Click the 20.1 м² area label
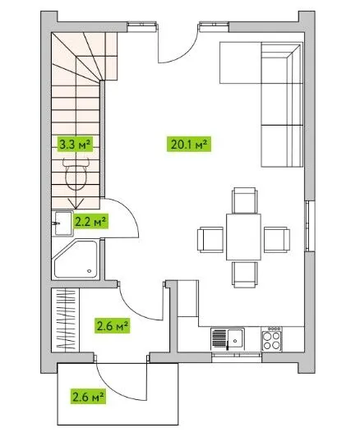click(189, 144)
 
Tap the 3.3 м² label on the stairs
click(75, 144)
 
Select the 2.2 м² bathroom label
click(90, 222)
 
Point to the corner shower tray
click(76, 260)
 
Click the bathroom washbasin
click(62, 223)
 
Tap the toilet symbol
click(76, 174)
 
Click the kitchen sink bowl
click(235, 338)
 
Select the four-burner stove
click(271, 338)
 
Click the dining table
click(244, 237)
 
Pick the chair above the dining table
click(244, 200)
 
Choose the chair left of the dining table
click(210, 240)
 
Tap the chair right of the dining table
click(277, 240)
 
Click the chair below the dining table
click(244, 274)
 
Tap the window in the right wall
click(308, 226)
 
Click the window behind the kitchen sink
click(237, 357)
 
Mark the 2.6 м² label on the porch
click(88, 396)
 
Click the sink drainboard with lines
click(219, 338)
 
